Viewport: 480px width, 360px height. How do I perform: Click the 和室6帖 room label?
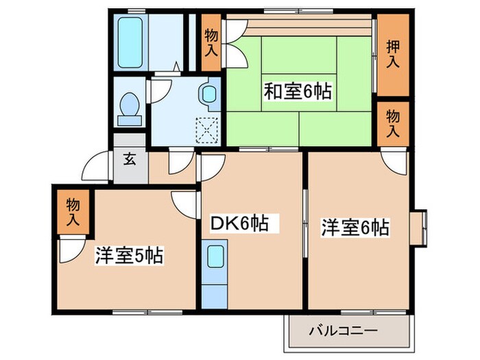click(x=298, y=91)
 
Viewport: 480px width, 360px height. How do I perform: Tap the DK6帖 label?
click(x=240, y=223)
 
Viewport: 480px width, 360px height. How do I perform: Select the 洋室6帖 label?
click(x=355, y=228)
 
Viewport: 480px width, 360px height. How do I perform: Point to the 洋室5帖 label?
click(x=129, y=256)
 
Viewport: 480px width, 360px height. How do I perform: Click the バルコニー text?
click(x=343, y=331)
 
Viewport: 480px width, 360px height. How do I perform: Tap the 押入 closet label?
click(x=393, y=54)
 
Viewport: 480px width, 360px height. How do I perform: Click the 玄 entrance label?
click(x=130, y=159)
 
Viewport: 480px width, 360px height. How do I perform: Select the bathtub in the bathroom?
click(x=130, y=43)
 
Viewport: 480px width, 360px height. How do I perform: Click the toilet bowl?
click(x=130, y=104)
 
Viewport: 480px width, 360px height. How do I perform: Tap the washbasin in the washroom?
click(x=209, y=94)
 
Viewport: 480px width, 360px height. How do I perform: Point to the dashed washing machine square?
click(x=207, y=131)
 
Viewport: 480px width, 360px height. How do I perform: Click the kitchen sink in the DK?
click(x=215, y=256)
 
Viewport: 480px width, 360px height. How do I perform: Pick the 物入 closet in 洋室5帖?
click(x=73, y=212)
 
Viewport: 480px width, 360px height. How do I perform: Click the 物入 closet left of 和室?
click(x=211, y=43)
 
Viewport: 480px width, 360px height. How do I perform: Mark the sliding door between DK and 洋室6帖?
click(x=305, y=224)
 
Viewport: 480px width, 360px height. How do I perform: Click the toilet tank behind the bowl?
click(x=130, y=121)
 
